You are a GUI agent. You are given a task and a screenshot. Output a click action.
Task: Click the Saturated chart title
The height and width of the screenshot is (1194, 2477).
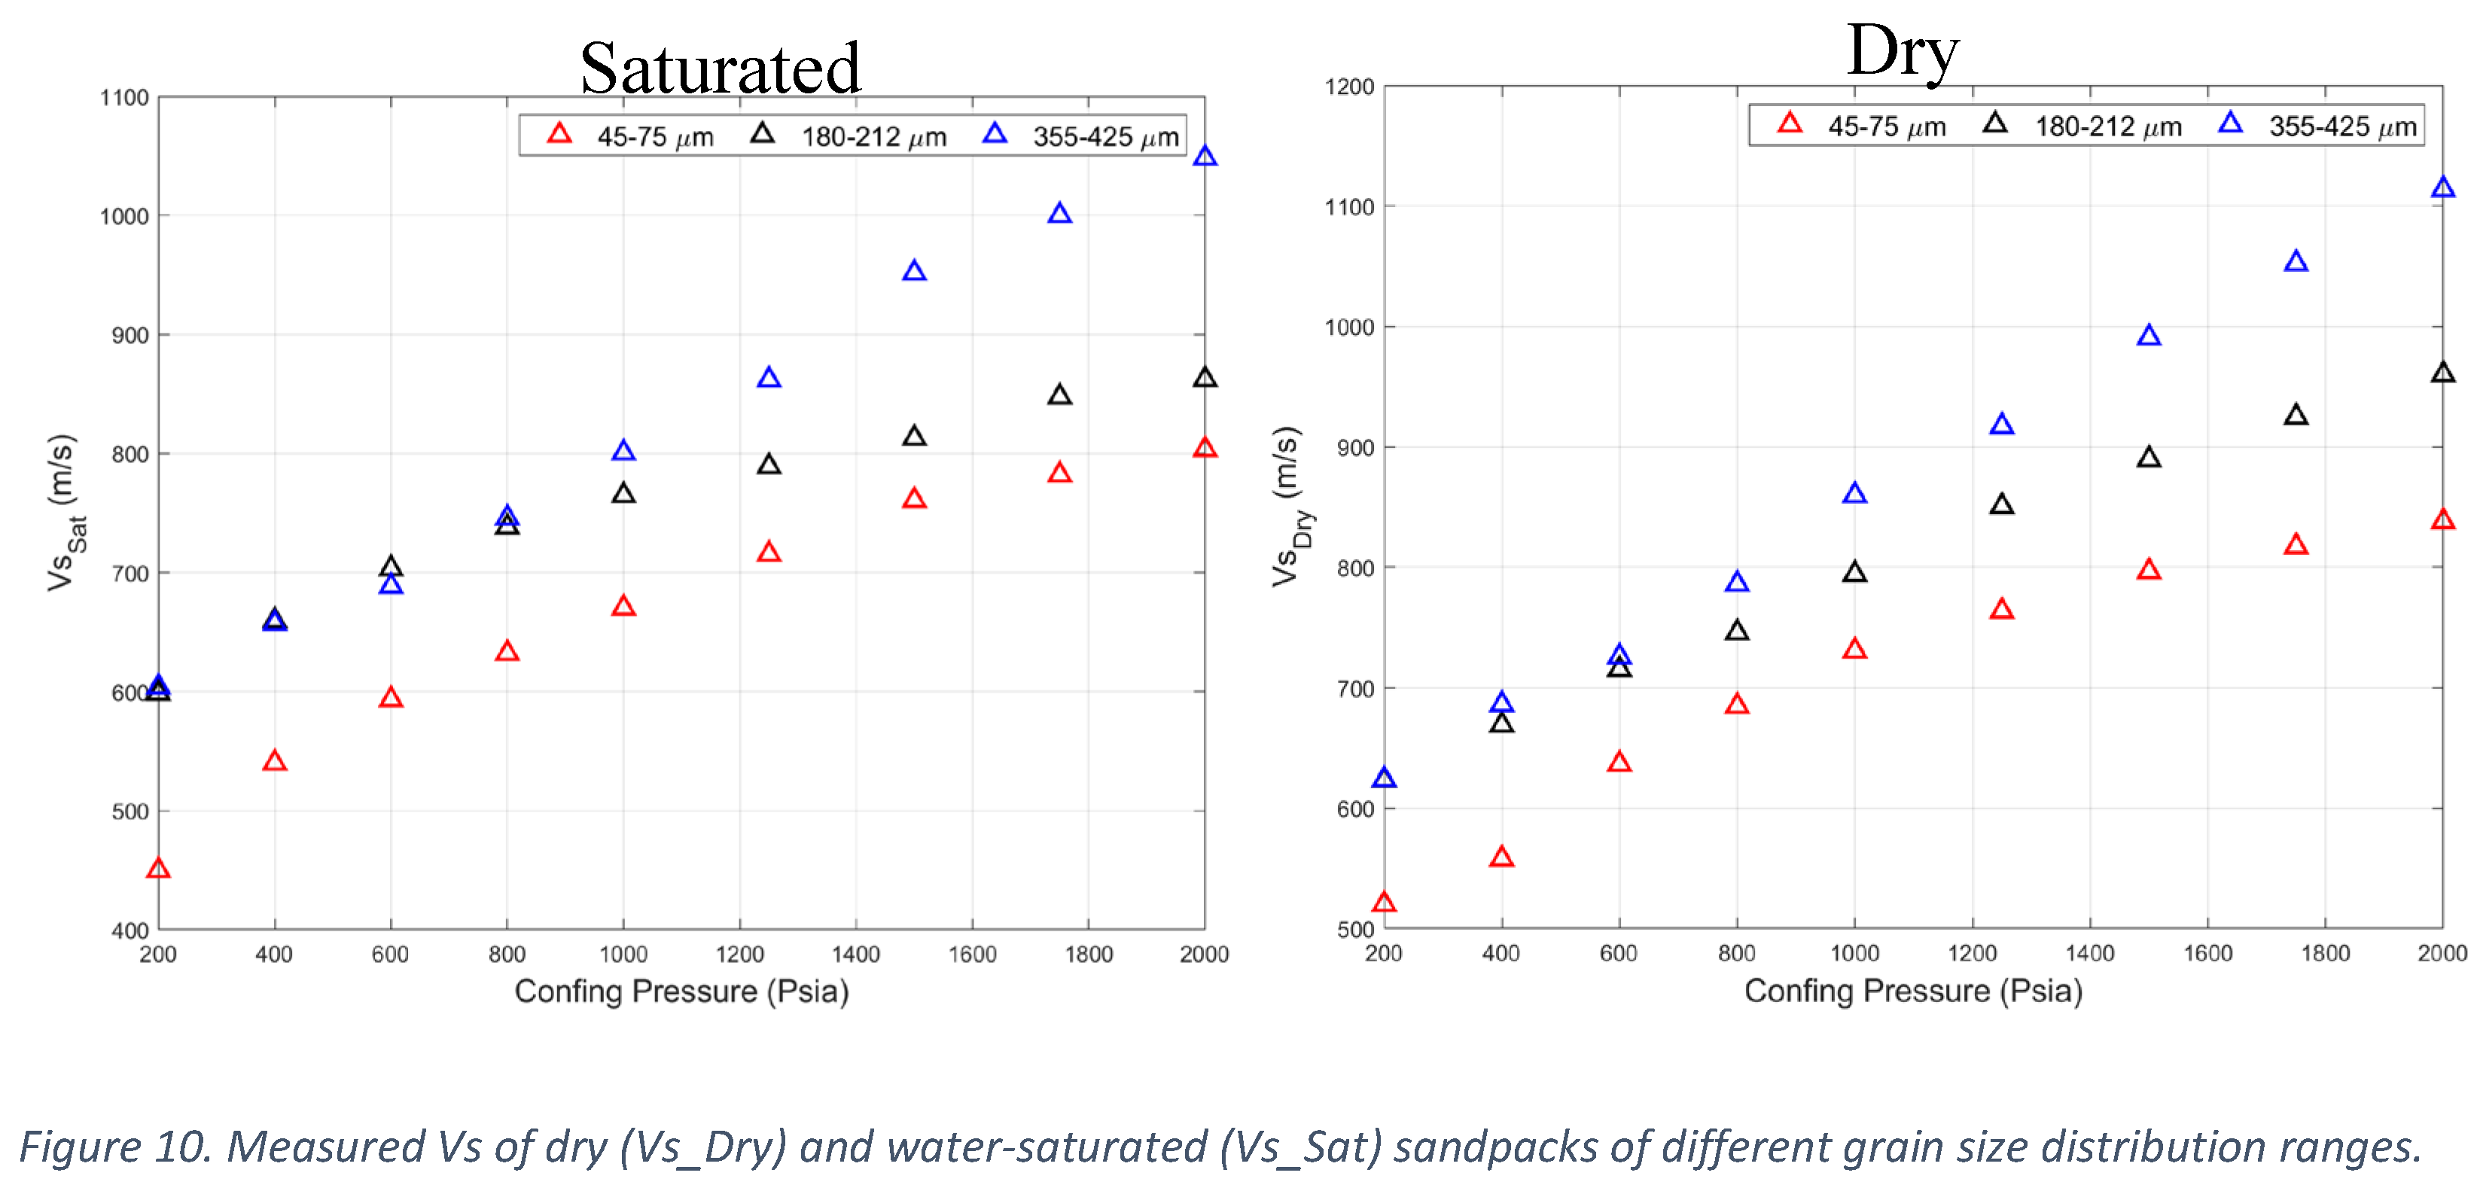coord(721,69)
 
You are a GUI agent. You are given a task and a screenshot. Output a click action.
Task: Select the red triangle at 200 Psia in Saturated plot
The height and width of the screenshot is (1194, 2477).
coord(159,869)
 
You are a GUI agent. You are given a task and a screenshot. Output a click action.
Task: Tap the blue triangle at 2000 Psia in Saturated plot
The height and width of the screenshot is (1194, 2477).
coord(1204,157)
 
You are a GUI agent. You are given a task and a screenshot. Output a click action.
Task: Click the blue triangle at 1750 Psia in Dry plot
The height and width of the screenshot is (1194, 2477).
coord(2296,261)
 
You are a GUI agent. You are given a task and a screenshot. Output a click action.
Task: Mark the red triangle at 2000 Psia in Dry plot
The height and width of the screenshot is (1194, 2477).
coord(2442,520)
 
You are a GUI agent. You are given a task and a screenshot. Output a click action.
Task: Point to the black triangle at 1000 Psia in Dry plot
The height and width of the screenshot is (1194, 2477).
coord(1854,573)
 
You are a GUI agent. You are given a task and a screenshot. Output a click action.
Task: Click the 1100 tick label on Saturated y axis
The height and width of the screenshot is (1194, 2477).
coord(124,98)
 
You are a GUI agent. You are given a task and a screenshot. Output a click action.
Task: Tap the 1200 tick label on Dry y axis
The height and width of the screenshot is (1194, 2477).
coord(1348,87)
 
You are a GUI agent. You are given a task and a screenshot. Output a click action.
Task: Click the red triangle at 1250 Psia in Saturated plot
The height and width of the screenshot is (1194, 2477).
coord(768,552)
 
